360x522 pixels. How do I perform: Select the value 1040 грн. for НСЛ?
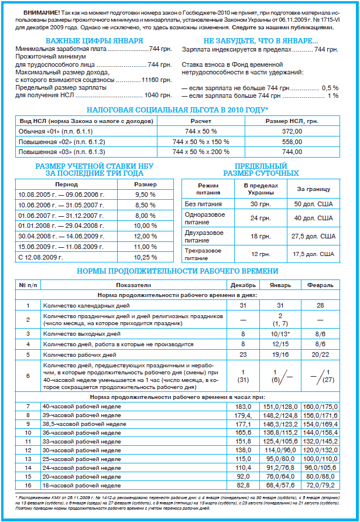point(158,95)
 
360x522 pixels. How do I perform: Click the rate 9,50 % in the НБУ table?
point(145,194)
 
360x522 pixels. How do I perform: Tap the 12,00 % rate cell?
point(145,236)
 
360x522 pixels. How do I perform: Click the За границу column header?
point(314,189)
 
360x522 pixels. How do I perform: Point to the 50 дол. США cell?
point(314,204)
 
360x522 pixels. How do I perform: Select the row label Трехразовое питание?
point(203,254)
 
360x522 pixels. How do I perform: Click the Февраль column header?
point(320,285)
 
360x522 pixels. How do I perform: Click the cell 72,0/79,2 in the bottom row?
point(320,486)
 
